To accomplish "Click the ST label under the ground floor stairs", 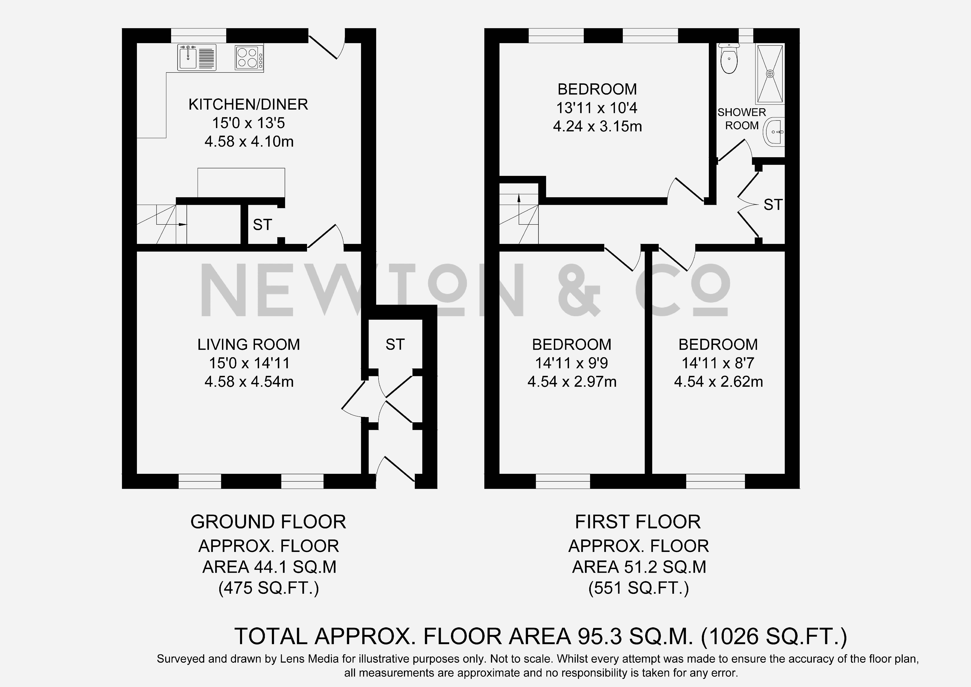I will tap(262, 225).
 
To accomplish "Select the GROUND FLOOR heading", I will tap(268, 522).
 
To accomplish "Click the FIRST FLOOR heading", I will tap(638, 522).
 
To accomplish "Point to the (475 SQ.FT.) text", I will tap(269, 588).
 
